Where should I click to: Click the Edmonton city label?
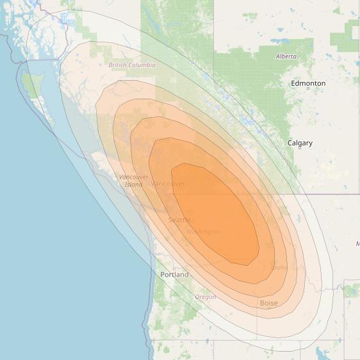click(x=308, y=83)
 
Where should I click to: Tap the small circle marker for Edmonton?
click(x=308, y=89)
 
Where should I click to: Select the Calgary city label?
click(x=300, y=143)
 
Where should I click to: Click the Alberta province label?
click(x=286, y=56)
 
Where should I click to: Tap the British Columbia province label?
click(x=132, y=65)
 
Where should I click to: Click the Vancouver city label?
click(x=168, y=184)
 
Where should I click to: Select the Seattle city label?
click(x=179, y=220)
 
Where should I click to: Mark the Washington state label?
click(x=204, y=232)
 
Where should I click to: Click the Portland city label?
click(x=175, y=275)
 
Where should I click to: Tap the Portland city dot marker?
click(x=174, y=269)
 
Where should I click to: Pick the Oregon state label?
click(x=206, y=297)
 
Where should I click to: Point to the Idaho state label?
click(x=280, y=267)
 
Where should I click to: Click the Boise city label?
click(x=269, y=303)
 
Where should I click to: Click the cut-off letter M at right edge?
click(x=357, y=244)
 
